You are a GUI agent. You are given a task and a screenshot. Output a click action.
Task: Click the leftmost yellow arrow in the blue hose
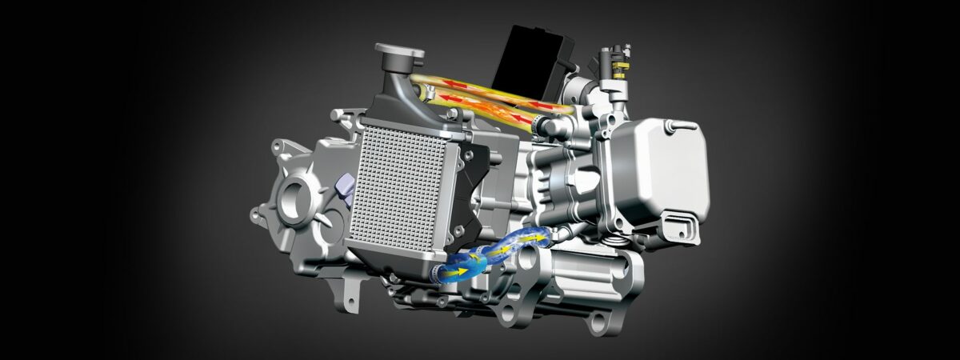point(462,272)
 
